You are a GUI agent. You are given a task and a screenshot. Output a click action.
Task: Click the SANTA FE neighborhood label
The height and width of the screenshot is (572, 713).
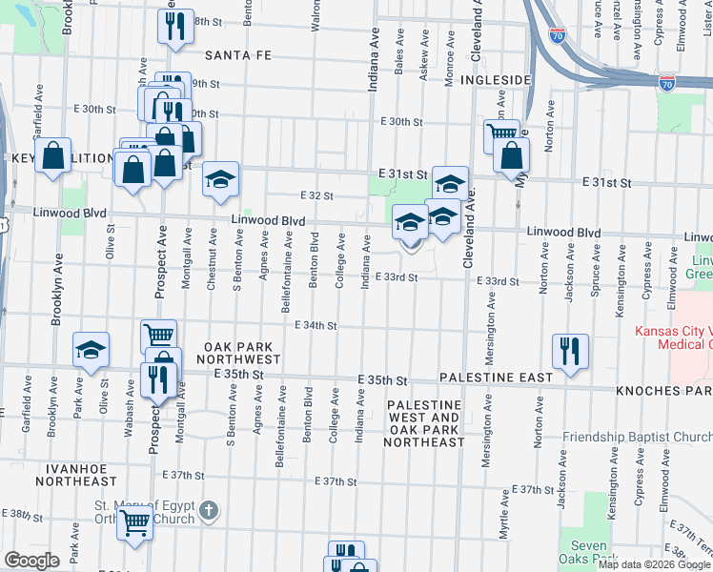[x=238, y=55]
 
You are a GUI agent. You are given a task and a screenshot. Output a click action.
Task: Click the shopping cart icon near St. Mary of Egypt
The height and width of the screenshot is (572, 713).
[x=135, y=521]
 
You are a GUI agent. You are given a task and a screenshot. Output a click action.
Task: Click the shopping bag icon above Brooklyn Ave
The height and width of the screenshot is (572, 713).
[x=54, y=154]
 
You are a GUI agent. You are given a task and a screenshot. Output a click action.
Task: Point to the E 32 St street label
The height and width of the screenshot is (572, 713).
[x=316, y=195]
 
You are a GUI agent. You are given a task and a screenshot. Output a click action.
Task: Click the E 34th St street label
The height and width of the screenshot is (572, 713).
[x=316, y=325]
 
